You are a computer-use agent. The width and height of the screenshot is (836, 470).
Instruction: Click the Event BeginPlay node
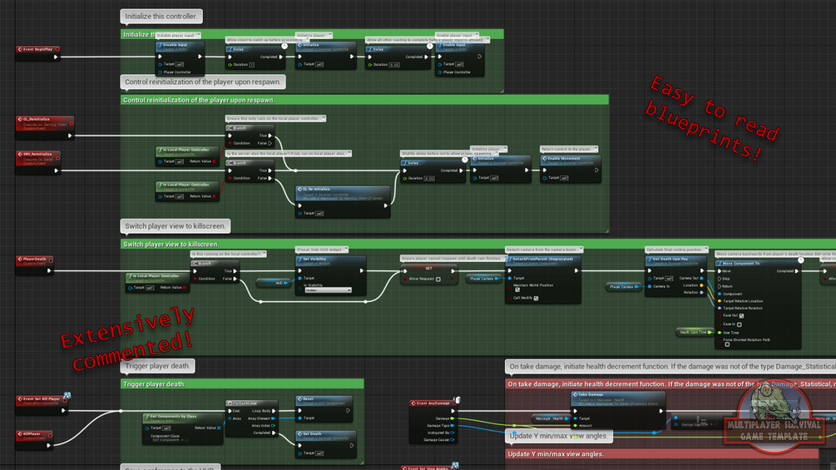(38, 50)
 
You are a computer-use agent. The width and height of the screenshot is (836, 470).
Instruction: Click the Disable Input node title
(180, 46)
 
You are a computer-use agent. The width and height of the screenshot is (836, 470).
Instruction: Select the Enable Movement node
(569, 159)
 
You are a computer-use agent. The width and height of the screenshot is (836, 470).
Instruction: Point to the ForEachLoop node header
(253, 403)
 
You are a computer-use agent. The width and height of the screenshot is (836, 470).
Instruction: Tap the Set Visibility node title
(330, 259)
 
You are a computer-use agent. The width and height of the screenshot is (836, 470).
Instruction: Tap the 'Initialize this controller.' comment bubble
(161, 17)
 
